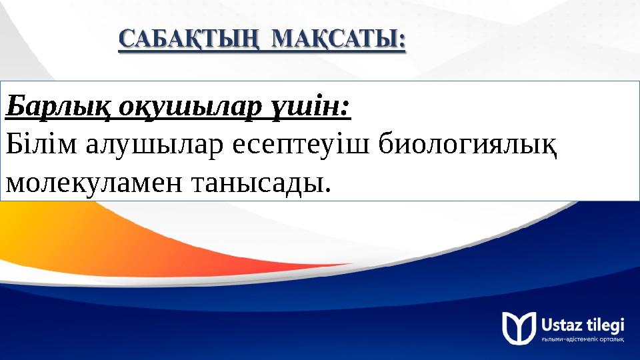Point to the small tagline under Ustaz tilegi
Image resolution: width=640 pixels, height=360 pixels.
click(x=583, y=340)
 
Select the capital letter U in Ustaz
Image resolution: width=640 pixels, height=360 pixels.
click(x=547, y=324)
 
